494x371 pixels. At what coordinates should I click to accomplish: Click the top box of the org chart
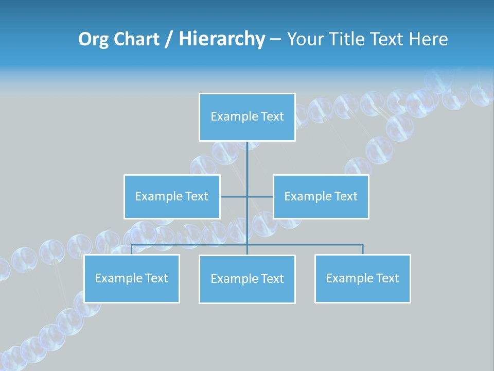[247, 117]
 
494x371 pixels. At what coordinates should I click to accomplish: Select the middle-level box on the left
[172, 196]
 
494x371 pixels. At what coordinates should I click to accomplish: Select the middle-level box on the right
[321, 196]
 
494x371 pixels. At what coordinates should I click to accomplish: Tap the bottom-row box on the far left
[132, 278]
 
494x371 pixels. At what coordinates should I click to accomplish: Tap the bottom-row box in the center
[247, 279]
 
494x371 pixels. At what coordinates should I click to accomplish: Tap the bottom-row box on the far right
[362, 278]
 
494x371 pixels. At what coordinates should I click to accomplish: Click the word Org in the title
[93, 39]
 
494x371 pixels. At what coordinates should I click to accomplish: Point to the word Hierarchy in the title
[221, 39]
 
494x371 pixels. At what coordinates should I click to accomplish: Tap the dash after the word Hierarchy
[275, 40]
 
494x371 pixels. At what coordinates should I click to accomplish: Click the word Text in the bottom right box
[387, 278]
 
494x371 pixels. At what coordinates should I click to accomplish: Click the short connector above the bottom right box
[362, 249]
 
